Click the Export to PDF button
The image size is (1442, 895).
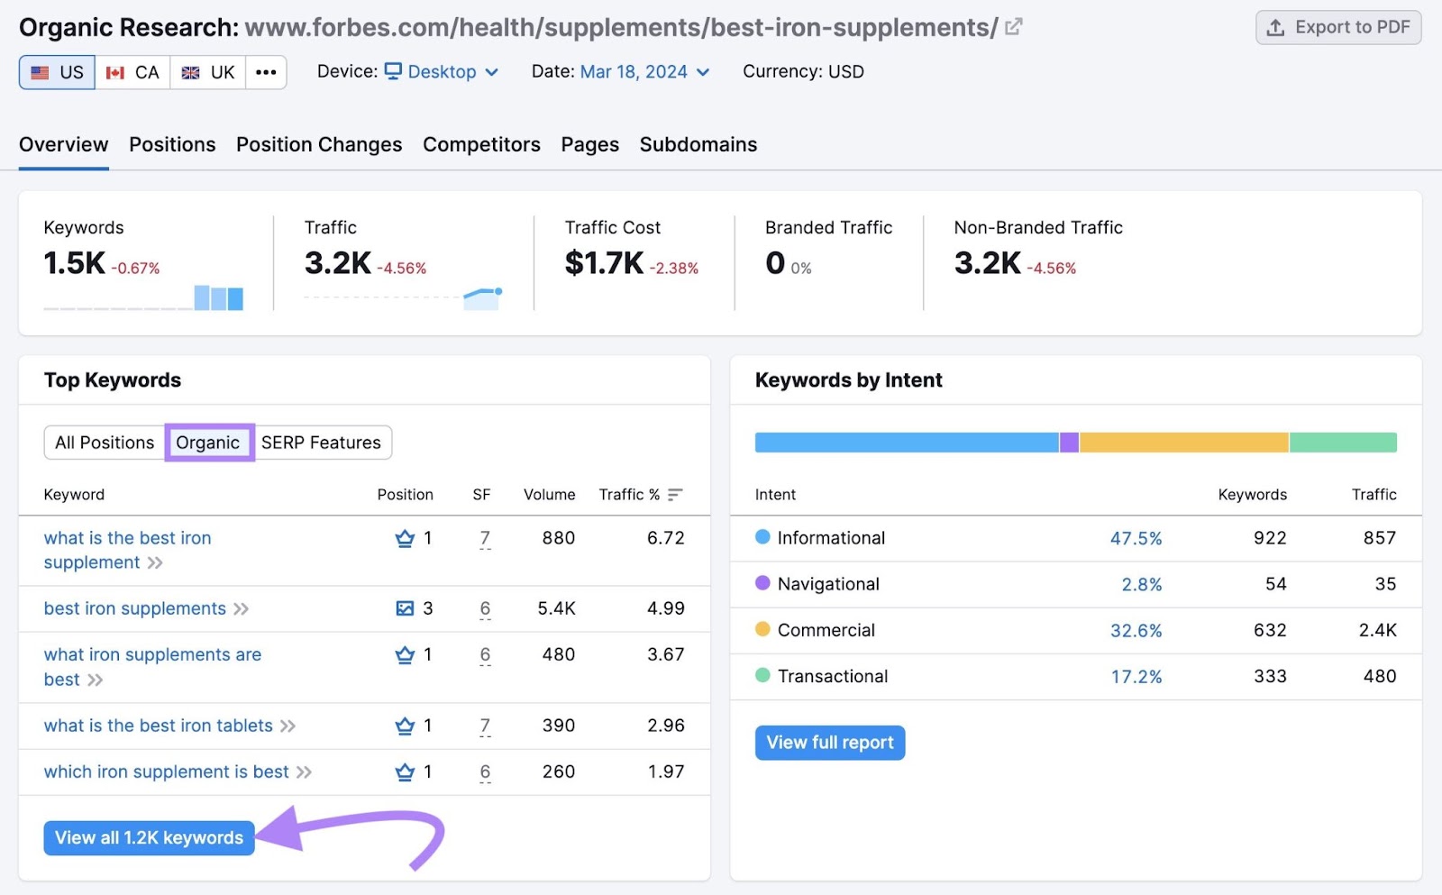point(1337,28)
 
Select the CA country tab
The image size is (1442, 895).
point(132,72)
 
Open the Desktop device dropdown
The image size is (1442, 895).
point(442,72)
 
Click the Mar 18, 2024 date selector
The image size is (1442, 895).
point(644,72)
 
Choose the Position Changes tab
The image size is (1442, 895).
point(319,144)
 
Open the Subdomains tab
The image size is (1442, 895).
point(698,144)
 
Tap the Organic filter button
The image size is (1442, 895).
point(208,443)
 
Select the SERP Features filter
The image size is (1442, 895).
point(321,443)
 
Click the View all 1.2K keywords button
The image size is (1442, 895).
point(150,837)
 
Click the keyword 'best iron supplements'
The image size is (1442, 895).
point(135,608)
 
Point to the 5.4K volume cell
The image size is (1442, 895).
point(556,608)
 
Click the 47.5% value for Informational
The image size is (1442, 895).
point(1136,538)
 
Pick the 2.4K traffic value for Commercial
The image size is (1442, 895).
point(1377,630)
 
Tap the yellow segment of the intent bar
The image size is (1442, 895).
point(1182,443)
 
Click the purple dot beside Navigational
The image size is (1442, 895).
point(762,583)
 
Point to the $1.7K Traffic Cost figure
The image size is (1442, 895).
point(604,263)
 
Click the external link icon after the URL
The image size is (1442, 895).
point(1014,27)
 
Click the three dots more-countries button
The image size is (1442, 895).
point(266,72)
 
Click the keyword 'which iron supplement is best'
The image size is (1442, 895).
point(167,772)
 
